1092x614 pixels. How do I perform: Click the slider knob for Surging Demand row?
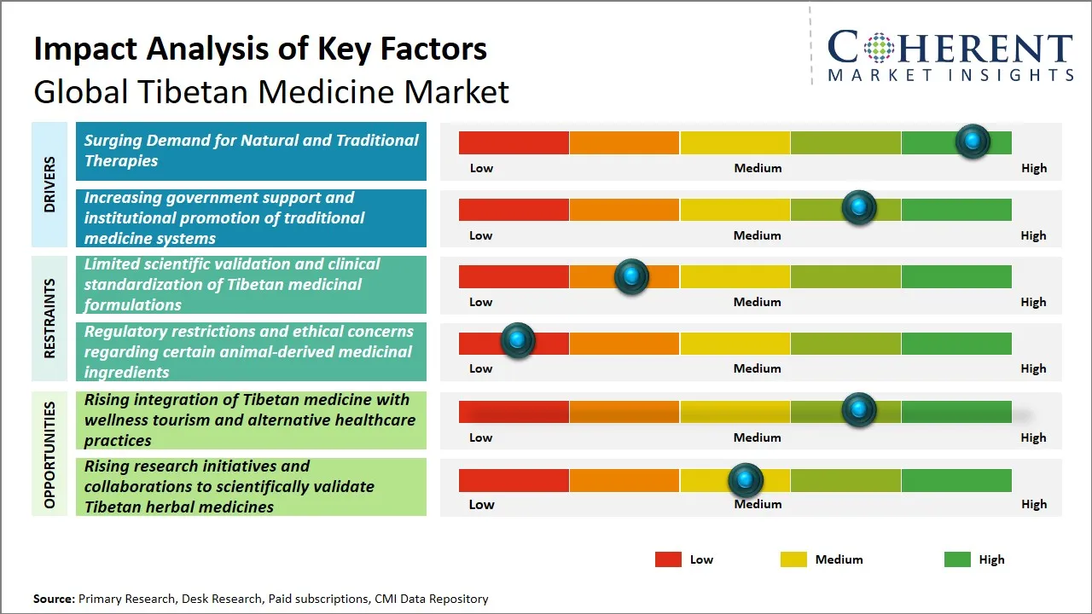point(972,142)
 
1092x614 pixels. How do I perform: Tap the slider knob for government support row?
point(858,208)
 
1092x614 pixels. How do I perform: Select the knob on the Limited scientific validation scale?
point(631,276)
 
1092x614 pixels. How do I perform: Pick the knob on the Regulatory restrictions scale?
point(517,341)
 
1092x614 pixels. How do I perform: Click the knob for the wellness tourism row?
point(858,410)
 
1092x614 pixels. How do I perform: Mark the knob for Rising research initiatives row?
point(746,481)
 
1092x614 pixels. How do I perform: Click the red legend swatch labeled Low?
point(668,559)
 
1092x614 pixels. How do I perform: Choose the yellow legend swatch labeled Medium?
point(793,559)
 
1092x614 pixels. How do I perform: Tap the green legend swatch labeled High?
point(957,559)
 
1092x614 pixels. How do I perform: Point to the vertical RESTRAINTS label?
point(49,318)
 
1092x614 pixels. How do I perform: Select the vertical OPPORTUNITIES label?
point(49,455)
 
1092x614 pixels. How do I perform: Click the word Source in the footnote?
point(54,599)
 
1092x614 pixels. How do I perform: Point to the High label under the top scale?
point(1033,168)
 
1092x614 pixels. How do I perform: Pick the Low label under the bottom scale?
point(481,504)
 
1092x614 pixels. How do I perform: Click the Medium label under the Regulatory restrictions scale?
point(757,368)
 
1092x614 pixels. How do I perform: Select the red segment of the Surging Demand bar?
point(514,142)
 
